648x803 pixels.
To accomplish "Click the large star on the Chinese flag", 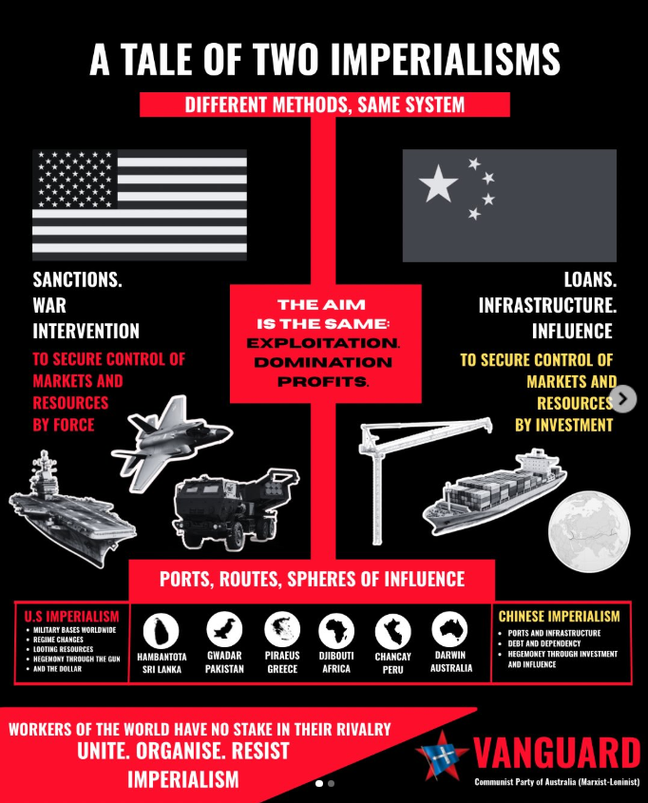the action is (x=438, y=182).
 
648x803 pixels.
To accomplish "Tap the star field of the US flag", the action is (x=75, y=179).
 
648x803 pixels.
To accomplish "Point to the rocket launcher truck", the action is (x=236, y=508).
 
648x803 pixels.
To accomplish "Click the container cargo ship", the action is (x=494, y=491).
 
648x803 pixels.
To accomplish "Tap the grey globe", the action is (x=589, y=531).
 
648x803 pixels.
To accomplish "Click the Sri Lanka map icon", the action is (x=161, y=631).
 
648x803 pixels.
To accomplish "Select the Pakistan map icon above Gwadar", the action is (x=224, y=629).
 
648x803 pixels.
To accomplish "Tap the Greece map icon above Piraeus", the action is (x=282, y=629).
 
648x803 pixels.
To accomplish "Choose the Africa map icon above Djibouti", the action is (x=336, y=631).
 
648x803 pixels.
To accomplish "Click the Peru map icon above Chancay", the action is (x=392, y=631).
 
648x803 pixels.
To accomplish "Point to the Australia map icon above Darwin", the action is (x=449, y=629).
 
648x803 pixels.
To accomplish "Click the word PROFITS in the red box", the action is (x=322, y=381).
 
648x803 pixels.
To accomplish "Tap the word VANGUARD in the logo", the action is (x=557, y=754).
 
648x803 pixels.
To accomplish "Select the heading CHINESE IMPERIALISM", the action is (x=559, y=616).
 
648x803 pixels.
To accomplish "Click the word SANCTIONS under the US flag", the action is (x=77, y=279).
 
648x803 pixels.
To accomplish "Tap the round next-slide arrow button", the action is (x=623, y=399).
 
